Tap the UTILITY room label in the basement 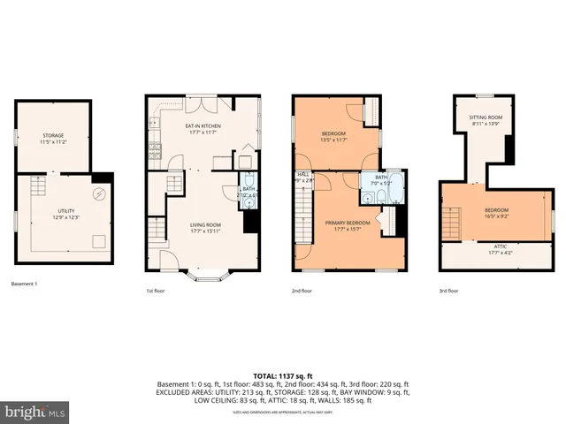click(65, 211)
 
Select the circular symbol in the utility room click(99, 194)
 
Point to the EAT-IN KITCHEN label click(203, 127)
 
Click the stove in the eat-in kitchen click(155, 148)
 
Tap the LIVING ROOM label click(205, 225)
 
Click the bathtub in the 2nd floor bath click(394, 189)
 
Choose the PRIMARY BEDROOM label click(346, 223)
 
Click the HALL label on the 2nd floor click(303, 175)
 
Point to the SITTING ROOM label click(486, 117)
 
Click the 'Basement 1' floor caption click(24, 284)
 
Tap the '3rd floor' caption click(449, 291)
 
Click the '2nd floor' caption click(302, 291)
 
